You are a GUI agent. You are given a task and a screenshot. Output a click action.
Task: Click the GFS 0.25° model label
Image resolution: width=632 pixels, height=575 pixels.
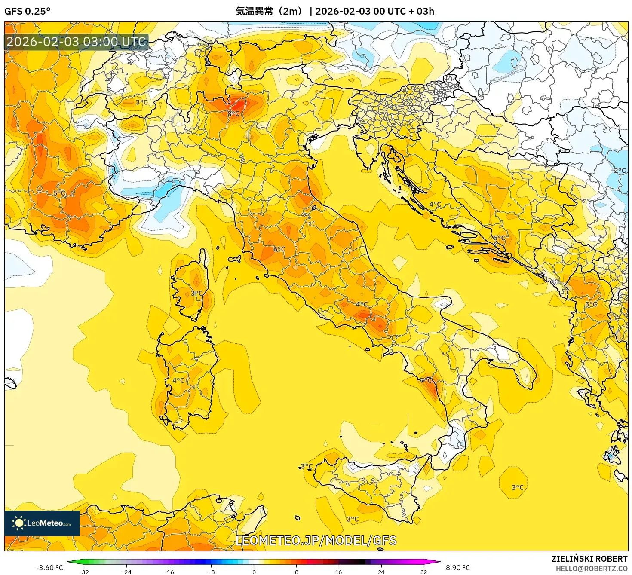coord(27,11)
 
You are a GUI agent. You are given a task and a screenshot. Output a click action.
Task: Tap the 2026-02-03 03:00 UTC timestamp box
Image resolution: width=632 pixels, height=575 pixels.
coord(77,42)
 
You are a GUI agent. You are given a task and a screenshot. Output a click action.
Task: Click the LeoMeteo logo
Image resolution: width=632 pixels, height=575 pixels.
coord(42,523)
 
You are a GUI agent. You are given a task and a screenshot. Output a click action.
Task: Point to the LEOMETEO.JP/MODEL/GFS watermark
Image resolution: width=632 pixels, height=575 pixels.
coord(316,540)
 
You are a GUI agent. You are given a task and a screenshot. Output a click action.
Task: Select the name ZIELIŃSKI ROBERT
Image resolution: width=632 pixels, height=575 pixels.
coord(589,559)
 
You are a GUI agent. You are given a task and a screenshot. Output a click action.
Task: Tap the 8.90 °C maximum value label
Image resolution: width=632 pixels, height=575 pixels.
coord(457,568)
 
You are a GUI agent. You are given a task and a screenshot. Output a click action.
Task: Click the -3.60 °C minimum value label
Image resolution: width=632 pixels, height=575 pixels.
coord(49,568)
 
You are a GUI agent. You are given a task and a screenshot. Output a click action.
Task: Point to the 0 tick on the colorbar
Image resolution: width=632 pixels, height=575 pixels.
coord(254,572)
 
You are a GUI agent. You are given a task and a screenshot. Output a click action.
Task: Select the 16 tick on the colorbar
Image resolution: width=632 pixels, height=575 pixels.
coord(338,572)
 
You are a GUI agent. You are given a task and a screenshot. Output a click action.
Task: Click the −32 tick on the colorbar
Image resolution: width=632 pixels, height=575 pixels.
coord(84,572)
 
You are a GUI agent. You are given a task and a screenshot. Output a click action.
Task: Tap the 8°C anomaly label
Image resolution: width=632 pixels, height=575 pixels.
coord(233,113)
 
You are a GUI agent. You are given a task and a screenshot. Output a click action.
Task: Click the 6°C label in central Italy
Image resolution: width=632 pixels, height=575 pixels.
coord(279,249)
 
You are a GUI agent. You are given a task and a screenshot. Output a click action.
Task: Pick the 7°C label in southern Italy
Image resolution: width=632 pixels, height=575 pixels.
coord(426,380)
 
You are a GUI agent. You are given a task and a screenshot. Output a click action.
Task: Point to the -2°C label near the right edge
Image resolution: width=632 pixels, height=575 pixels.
coord(619,171)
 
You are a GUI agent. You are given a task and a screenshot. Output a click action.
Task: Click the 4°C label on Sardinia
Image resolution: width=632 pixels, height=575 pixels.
coord(178,380)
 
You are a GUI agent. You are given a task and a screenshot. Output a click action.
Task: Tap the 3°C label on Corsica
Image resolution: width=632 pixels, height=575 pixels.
coord(196,293)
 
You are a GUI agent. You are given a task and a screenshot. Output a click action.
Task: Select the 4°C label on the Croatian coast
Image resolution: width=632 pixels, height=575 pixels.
coord(435,205)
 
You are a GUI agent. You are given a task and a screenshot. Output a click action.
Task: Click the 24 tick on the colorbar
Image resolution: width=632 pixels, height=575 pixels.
coord(381,572)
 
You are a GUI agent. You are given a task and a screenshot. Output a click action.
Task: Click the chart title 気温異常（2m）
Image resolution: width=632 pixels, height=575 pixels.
coord(269,11)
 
